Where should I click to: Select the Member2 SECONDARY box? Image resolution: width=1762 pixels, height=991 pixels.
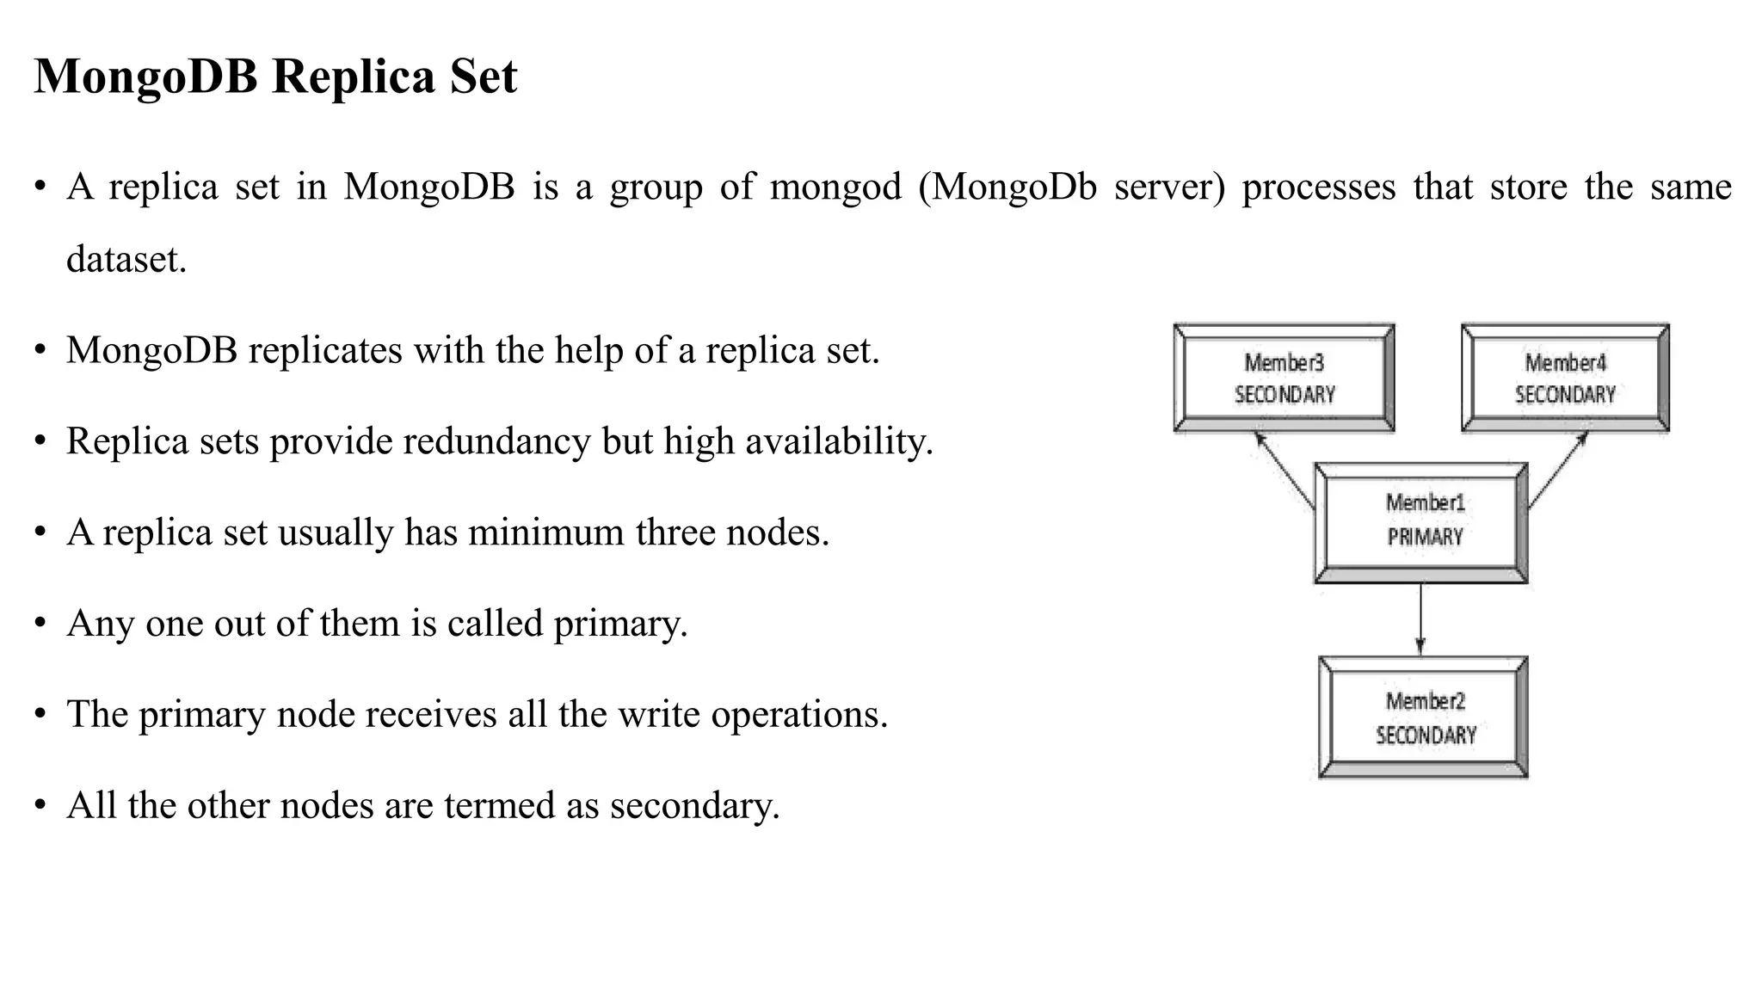[1423, 717]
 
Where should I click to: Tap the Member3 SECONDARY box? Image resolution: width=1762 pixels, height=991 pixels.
[1284, 378]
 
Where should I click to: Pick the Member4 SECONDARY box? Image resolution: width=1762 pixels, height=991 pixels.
[1565, 378]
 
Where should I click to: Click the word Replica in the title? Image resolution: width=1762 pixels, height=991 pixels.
[354, 77]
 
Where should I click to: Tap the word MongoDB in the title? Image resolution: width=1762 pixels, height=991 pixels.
[146, 77]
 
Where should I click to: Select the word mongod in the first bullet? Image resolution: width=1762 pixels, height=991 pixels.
[835, 188]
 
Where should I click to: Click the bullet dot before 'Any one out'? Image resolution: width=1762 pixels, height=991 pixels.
[40, 625]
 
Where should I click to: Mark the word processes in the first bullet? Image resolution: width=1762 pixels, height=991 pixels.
[1318, 188]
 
